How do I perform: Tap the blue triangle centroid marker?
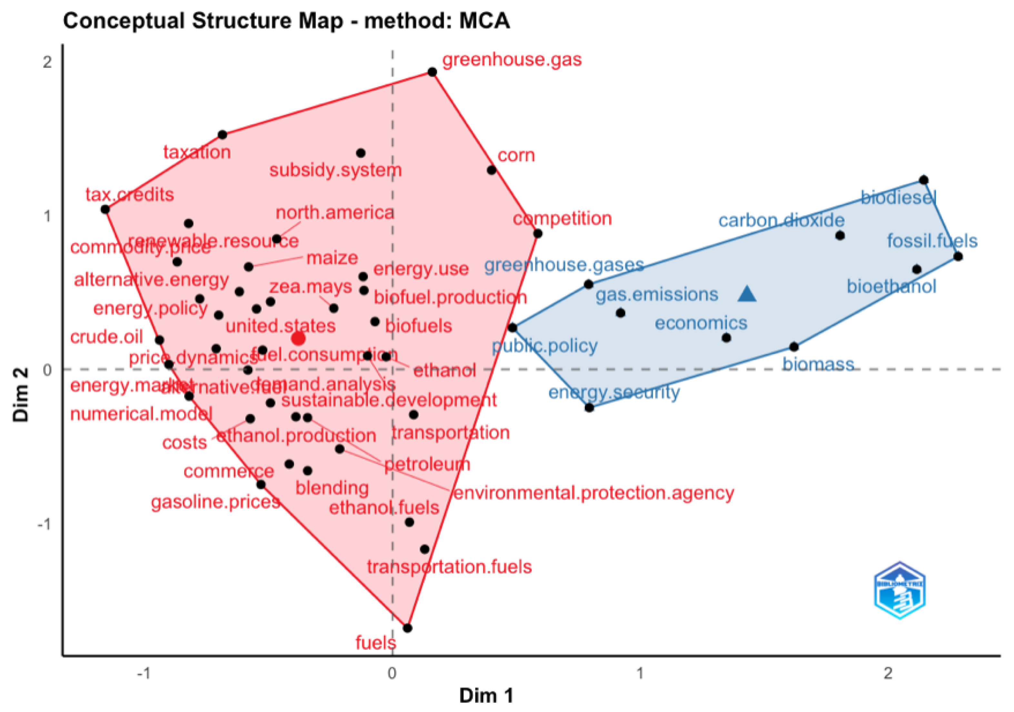pyautogui.click(x=747, y=294)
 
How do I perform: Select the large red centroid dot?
pyautogui.click(x=298, y=339)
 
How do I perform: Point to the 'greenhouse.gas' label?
pyautogui.click(x=512, y=60)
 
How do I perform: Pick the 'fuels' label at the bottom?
pyautogui.click(x=376, y=643)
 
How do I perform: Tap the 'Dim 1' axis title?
pyautogui.click(x=486, y=696)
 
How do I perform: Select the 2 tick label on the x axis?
pyautogui.click(x=888, y=673)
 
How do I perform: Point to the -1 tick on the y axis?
pyautogui.click(x=44, y=524)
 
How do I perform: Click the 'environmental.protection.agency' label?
pyautogui.click(x=594, y=493)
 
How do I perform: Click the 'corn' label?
pyautogui.click(x=516, y=155)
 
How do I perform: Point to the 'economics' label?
pyautogui.click(x=701, y=323)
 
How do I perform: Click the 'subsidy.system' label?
pyautogui.click(x=336, y=170)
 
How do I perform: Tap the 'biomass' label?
pyautogui.click(x=818, y=364)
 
